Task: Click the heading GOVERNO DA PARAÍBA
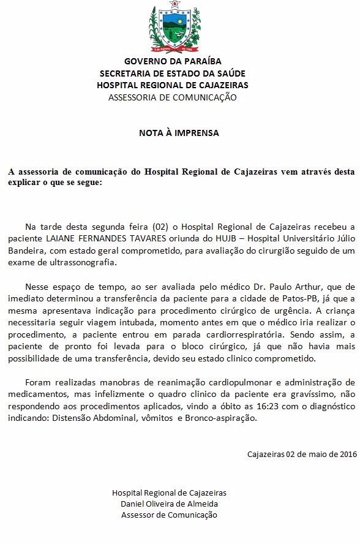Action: [173, 61]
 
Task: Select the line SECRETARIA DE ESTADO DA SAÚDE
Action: [173, 73]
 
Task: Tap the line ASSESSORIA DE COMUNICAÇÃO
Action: [172, 97]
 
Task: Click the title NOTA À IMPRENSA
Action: [178, 132]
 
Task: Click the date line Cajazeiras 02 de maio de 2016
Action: [302, 454]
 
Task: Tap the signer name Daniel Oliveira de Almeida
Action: [170, 503]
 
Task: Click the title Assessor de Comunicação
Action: [170, 515]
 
